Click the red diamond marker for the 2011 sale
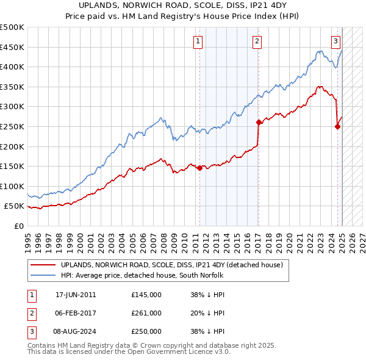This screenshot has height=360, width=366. pos(199,168)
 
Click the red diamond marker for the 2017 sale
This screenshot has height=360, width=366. pos(259,122)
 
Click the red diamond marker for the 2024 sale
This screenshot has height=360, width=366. pos(337,126)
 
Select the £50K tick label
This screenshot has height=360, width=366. pos(15,206)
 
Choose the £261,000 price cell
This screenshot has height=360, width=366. pos(146,313)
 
